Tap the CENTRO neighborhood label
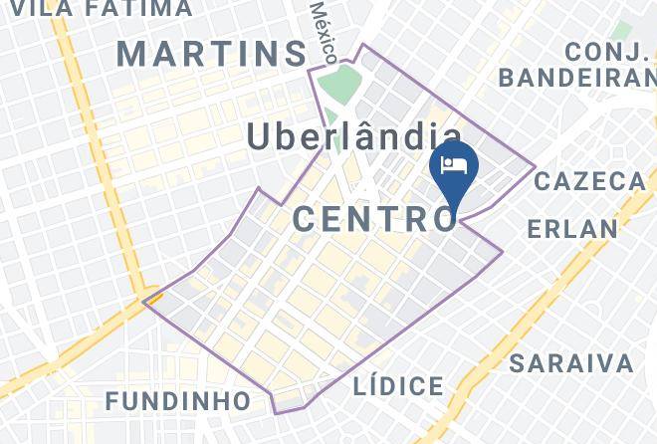point(373,217)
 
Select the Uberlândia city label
point(353,137)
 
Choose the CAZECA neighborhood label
point(590,181)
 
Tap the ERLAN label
point(572,229)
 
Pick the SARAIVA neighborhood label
point(571,362)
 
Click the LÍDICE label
point(398,386)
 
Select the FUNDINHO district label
point(178,401)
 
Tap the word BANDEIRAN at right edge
point(577,77)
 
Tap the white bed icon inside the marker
point(454,164)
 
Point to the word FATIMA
point(138,9)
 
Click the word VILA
point(36,9)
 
